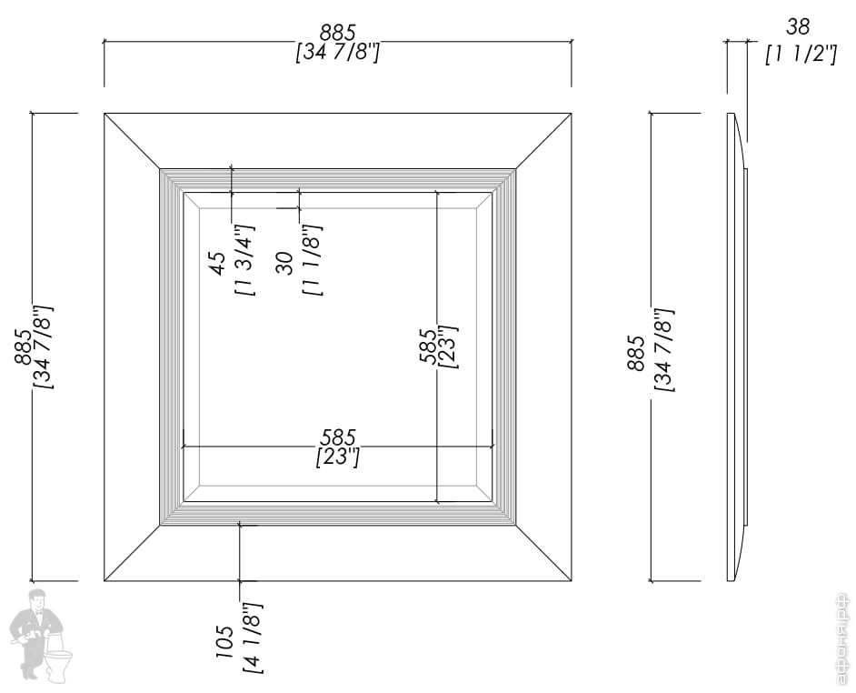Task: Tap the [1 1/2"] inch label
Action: click(x=800, y=54)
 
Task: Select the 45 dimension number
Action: click(x=218, y=263)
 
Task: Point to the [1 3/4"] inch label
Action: click(x=244, y=260)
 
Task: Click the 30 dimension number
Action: click(x=285, y=264)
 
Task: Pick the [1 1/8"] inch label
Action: click(x=313, y=262)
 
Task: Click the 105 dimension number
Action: click(x=224, y=641)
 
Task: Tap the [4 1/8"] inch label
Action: click(x=252, y=638)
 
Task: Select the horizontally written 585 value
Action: click(x=337, y=438)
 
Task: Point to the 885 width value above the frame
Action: click(x=337, y=33)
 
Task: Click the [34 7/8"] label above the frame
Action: click(x=337, y=53)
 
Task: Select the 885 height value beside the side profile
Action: click(x=636, y=352)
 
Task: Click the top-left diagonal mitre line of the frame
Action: click(x=132, y=141)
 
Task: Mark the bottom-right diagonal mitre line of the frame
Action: click(x=543, y=553)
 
